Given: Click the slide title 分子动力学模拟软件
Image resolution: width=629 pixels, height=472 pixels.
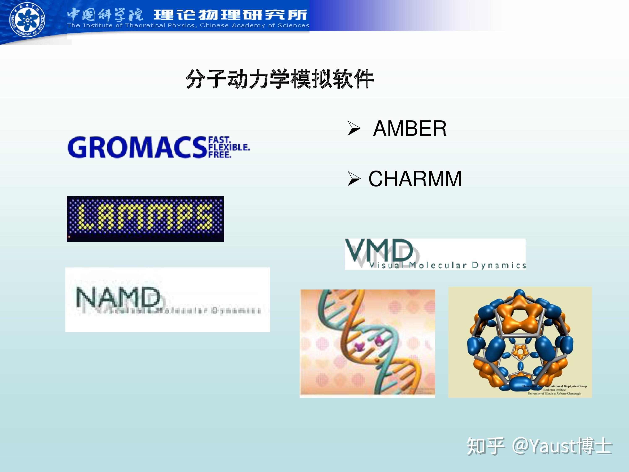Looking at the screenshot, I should coord(279,79).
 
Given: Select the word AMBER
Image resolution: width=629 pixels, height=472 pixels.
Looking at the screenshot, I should coord(409,129).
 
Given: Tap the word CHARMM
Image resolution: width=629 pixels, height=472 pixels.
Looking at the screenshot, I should coord(415,179).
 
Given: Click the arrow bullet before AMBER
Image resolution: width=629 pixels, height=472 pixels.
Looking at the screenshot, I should coord(354,129).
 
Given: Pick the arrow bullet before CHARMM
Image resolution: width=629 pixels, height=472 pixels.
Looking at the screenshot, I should coord(354,179).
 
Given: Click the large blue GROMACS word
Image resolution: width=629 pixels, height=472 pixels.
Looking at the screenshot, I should coord(137,147).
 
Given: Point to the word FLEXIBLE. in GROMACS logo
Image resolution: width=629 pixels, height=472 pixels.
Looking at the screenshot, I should coord(229,147).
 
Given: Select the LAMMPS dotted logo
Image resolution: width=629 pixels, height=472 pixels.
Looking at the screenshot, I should coord(145,219).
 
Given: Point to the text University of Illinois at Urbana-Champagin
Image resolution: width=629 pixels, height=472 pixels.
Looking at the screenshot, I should coord(554,394).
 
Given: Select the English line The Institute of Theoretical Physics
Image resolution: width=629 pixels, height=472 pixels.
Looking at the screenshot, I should coord(188,26).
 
